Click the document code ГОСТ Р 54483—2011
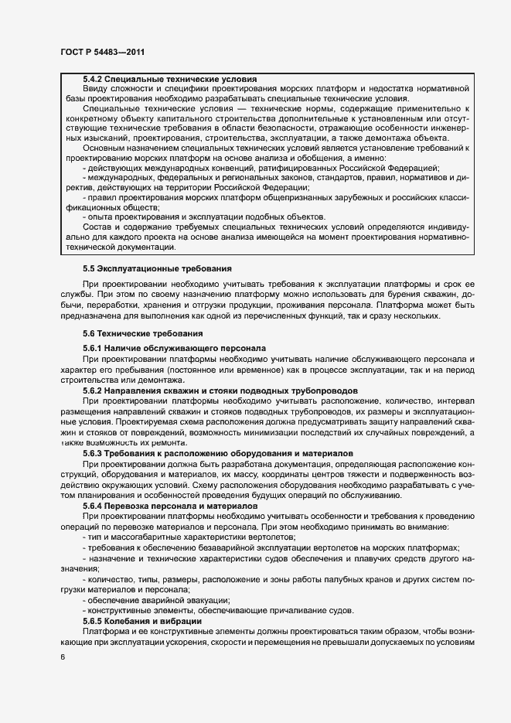coord(101,52)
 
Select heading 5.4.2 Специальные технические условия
coord(170,80)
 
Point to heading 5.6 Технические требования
coord(143,333)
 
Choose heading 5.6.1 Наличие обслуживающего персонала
coord(174,350)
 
